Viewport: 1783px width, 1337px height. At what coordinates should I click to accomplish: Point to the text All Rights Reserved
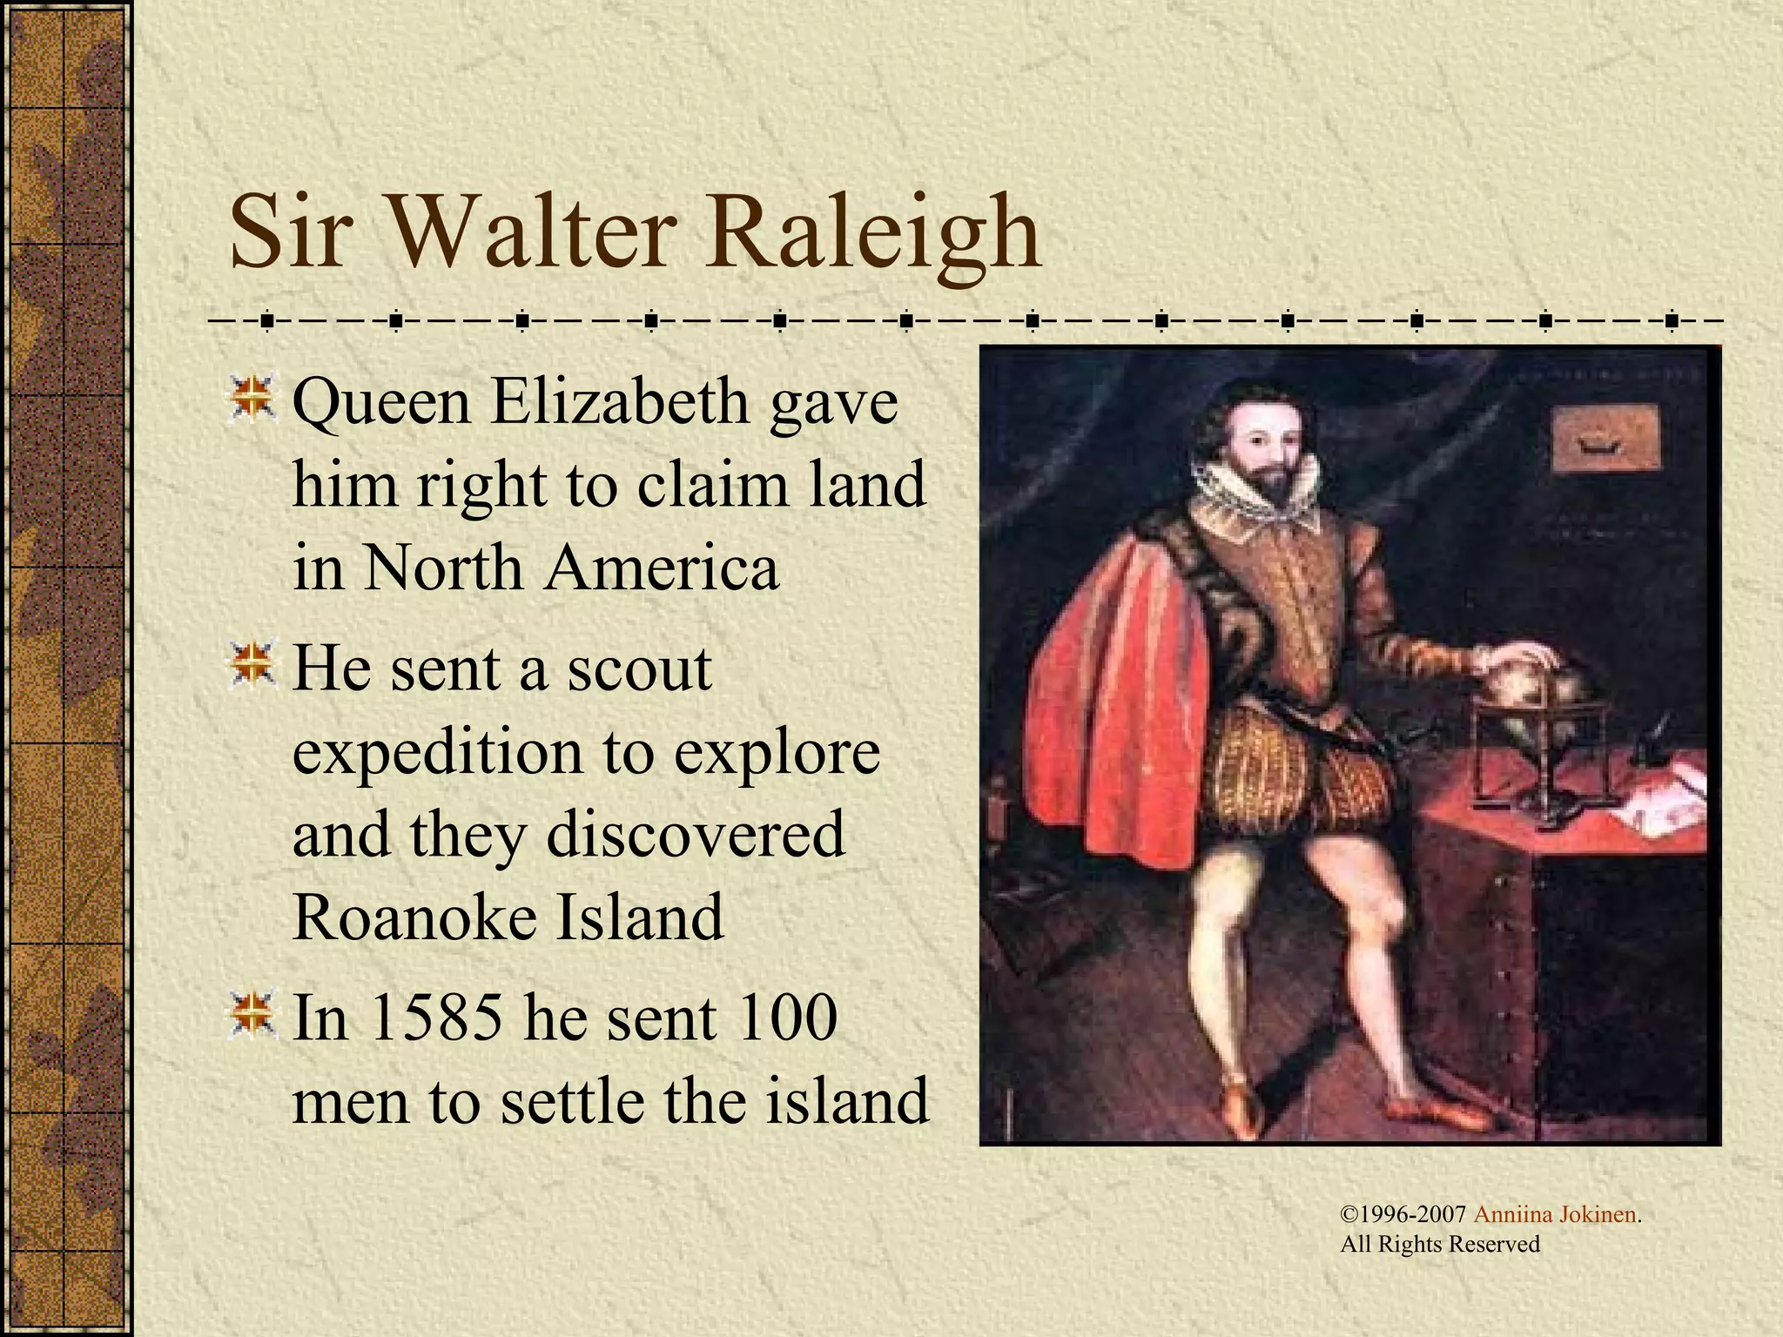pyautogui.click(x=1440, y=1245)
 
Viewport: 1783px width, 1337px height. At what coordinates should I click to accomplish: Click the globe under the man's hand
pyautogui.click(x=1519, y=688)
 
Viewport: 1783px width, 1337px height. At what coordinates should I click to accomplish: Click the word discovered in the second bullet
pyautogui.click(x=695, y=834)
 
